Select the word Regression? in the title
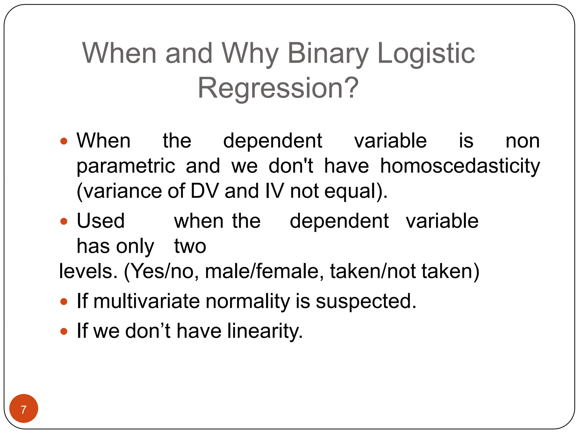click(278, 88)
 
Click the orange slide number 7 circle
click(24, 408)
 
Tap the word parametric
click(126, 167)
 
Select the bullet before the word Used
click(64, 221)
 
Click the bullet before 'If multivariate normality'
click(64, 301)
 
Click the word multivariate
click(146, 301)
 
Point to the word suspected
click(366, 301)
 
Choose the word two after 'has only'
click(190, 246)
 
